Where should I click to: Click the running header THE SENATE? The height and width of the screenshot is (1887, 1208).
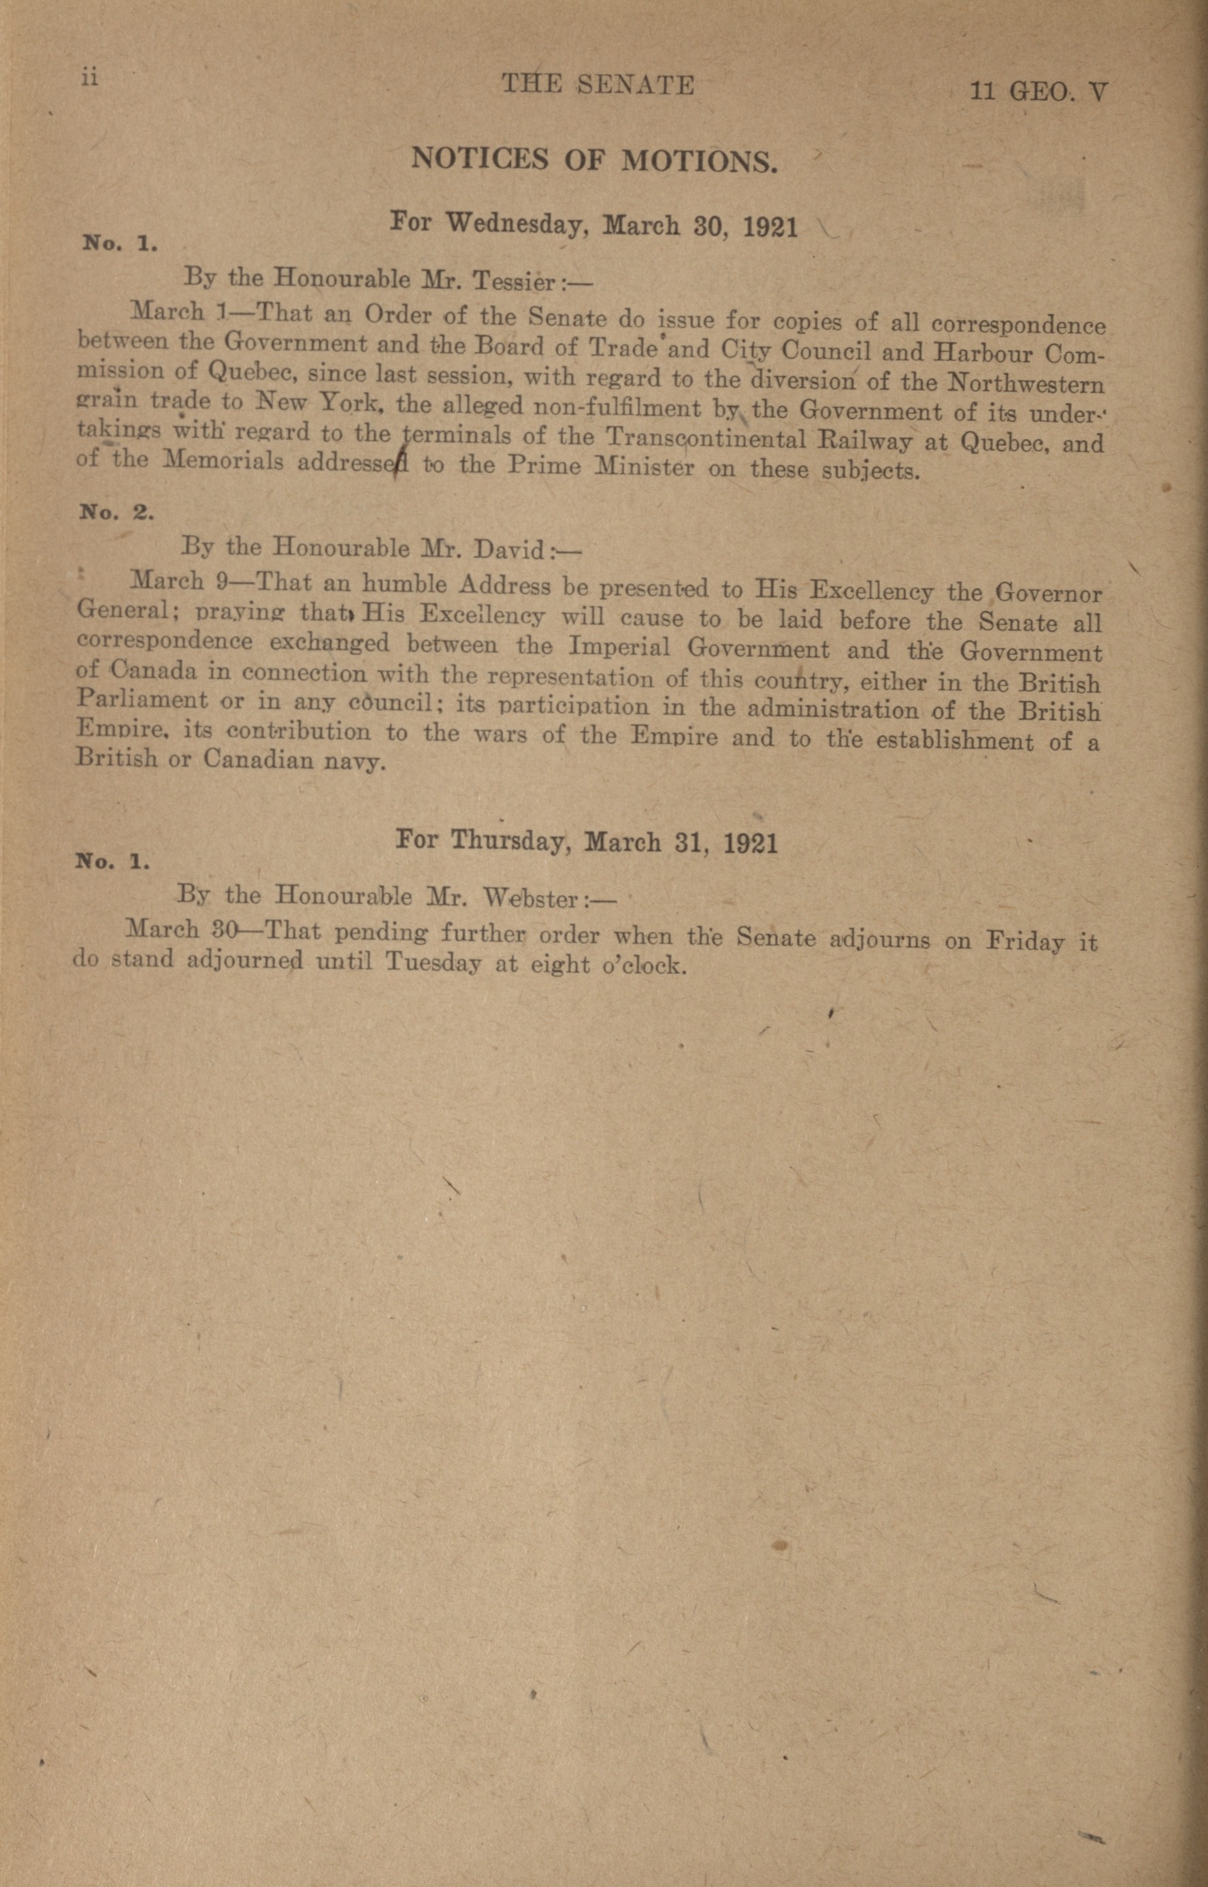598,84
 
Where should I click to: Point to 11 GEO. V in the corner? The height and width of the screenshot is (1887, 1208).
1038,93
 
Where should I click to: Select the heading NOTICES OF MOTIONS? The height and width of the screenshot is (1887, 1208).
595,160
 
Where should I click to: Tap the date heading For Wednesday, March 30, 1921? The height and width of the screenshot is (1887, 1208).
594,225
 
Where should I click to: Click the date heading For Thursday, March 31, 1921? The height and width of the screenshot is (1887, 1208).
587,842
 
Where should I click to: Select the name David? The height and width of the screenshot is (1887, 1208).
510,549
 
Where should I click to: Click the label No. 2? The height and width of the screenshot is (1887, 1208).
117,513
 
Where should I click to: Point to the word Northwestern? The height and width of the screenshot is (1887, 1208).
1026,385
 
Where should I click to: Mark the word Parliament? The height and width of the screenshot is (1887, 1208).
143,700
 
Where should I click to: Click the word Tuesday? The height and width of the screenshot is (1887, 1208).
434,963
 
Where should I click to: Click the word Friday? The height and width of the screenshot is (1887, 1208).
1025,941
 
